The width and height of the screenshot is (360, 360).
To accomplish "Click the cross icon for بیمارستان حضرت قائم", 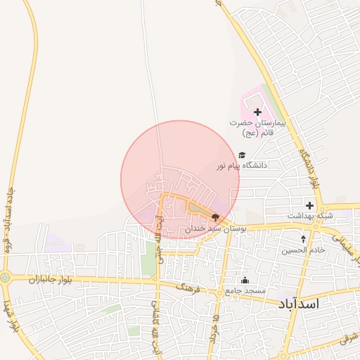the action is [257, 112].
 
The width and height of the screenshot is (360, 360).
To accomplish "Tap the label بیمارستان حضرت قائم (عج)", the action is [258, 127].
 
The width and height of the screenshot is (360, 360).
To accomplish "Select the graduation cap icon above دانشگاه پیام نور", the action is [242, 155].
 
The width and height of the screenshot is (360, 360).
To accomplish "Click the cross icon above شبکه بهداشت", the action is [309, 205].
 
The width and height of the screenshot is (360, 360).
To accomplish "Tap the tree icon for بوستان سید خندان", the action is [214, 218].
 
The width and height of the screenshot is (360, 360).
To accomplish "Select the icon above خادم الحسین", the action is [304, 239].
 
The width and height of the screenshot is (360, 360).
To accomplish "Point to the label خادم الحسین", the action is [304, 250].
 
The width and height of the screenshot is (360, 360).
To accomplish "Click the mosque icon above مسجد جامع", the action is [245, 280].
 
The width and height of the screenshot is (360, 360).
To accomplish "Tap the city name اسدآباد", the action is [299, 304].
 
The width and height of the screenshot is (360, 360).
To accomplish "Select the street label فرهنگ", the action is [189, 288].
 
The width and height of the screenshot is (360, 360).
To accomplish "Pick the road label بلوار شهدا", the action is [11, 316].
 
